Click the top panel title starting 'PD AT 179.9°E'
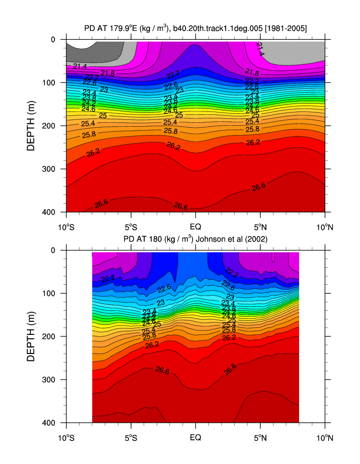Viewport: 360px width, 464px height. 195,28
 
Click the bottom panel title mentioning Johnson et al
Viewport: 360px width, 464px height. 195,240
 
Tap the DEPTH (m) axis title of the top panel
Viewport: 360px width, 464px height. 31,125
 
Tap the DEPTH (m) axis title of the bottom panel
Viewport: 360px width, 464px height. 31,336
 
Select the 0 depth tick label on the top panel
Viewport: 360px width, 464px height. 57,39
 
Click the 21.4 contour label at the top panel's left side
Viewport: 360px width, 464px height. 80,66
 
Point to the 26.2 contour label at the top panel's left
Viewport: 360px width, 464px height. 94,153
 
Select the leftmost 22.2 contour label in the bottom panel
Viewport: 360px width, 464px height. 108,279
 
